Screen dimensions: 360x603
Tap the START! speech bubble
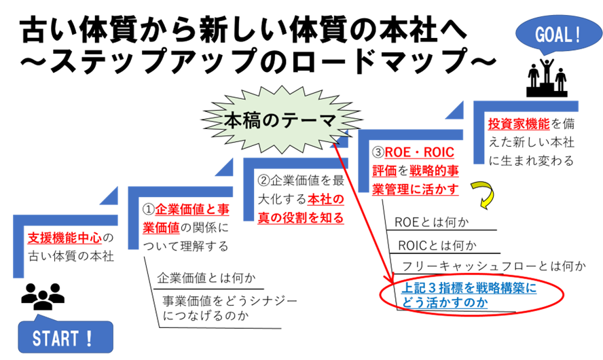pos(65,337)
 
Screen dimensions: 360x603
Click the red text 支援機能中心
pos(65,238)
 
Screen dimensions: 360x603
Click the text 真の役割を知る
pos(301,218)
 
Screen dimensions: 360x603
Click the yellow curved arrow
pos(485,194)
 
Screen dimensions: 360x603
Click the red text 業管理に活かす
pos(416,189)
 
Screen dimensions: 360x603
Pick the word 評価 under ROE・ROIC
pos(384,170)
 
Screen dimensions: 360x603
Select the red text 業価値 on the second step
pos(161,228)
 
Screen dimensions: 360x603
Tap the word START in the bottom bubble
pos(56,338)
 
